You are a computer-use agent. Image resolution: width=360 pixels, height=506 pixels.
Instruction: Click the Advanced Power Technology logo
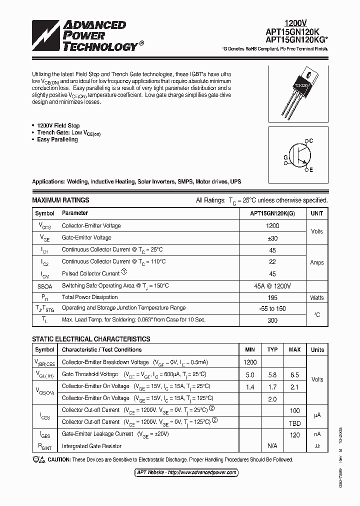84,36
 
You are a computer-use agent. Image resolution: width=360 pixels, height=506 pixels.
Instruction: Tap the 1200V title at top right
295,22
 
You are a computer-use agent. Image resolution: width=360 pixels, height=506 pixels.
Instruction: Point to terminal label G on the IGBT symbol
285,157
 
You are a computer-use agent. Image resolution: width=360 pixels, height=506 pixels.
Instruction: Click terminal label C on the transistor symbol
310,141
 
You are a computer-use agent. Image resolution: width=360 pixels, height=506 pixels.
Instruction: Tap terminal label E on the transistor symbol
310,170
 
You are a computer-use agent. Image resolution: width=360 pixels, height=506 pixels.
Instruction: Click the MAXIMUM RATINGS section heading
60,200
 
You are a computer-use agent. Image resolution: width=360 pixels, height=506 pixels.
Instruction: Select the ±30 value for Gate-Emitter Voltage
272,238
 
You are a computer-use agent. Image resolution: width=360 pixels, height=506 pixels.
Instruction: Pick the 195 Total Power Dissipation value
272,297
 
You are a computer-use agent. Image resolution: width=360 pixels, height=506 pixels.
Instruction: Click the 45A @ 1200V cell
272,285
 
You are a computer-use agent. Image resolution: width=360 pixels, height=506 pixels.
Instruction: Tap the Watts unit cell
316,297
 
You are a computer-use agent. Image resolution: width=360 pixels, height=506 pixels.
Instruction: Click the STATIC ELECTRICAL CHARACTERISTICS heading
91,339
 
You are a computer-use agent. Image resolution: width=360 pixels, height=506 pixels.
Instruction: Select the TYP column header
272,350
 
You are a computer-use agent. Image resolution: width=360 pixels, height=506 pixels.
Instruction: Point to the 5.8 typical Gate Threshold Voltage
272,374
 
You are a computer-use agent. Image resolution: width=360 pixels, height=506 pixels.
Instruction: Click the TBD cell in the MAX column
295,422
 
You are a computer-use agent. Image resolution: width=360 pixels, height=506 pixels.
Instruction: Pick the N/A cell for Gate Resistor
272,446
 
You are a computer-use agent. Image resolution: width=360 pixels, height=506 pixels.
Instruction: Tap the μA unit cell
317,415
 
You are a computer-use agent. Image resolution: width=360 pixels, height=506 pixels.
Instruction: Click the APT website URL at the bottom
187,472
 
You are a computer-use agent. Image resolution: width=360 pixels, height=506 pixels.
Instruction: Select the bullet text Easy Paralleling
57,140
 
